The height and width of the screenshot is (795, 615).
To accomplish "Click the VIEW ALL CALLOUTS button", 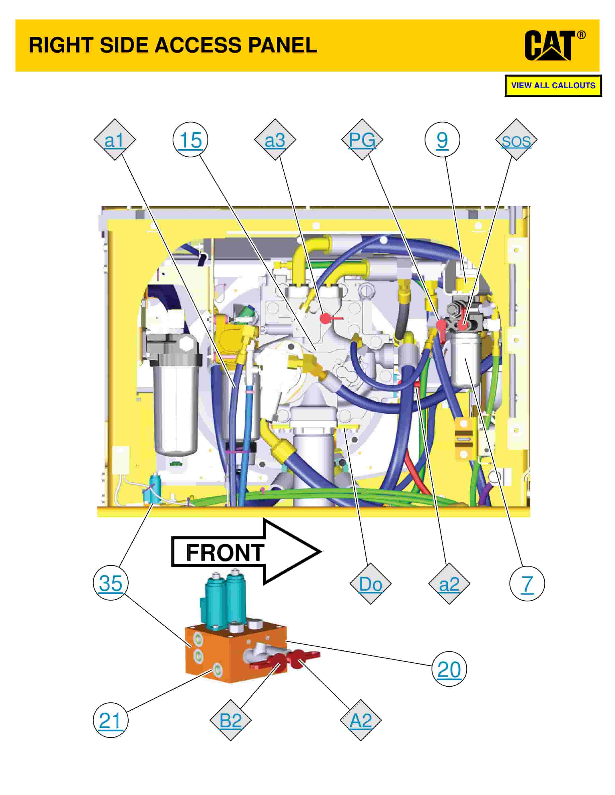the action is point(553,86).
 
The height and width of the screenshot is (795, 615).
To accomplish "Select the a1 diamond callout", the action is point(114,140).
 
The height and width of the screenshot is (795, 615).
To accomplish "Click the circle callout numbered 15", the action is point(190,140).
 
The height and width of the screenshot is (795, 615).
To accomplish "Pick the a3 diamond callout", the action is point(275,140).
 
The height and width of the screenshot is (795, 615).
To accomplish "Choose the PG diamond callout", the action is point(362,140).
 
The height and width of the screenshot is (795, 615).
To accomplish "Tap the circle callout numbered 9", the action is point(442,140).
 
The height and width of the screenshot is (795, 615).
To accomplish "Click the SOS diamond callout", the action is point(516,140).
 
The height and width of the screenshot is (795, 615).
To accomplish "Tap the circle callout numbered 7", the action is point(527,583).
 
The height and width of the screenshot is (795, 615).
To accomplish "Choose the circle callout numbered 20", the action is point(449,669).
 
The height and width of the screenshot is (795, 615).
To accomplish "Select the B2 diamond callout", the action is point(231,720).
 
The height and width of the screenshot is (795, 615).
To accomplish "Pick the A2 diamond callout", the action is point(361,720).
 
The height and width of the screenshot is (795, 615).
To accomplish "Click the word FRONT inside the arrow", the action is point(225,553).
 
